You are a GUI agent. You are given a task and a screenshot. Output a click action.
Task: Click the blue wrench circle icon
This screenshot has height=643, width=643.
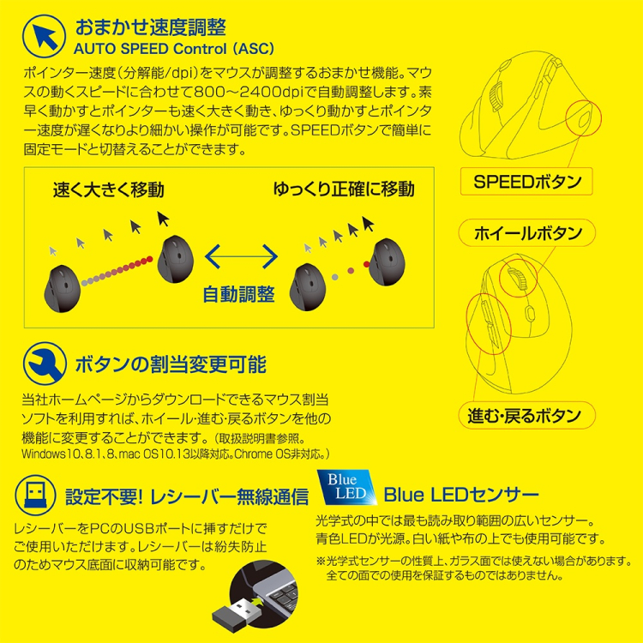(x=42, y=364)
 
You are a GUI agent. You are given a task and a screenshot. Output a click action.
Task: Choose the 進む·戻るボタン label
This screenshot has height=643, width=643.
(x=524, y=417)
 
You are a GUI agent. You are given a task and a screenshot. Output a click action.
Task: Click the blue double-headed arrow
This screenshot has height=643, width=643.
(x=241, y=255)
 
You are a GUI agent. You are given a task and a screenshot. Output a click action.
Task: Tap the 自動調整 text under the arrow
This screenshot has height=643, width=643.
(x=239, y=294)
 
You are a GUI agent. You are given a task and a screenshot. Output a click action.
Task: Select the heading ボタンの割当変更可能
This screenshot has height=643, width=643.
(x=170, y=364)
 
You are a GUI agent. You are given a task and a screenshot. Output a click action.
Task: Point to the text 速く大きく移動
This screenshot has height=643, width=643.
(x=108, y=189)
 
